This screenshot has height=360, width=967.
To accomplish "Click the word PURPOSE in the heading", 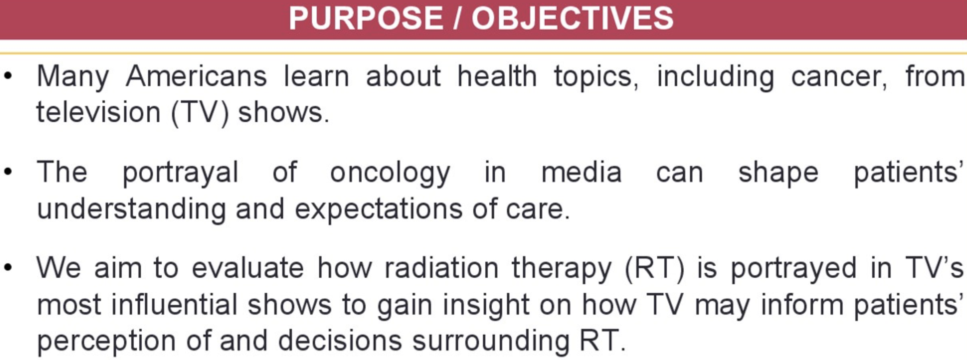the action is click(366, 18).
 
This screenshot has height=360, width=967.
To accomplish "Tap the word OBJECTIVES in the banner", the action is click(572, 18).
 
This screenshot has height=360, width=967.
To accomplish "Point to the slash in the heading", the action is click(456, 18).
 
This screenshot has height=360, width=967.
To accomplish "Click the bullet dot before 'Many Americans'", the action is click(8, 75).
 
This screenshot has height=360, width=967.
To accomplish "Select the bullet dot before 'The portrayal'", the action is click(8, 172).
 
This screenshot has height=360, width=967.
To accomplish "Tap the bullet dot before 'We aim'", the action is click(8, 267).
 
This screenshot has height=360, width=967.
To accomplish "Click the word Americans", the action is click(196, 76).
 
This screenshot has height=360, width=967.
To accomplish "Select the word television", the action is click(98, 112).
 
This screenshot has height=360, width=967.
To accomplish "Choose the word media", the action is click(581, 172).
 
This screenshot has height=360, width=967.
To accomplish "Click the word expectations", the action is click(379, 210).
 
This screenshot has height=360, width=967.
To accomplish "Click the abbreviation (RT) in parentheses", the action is click(654, 269).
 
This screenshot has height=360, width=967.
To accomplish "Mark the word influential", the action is click(174, 304).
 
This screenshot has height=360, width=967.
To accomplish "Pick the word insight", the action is click(486, 306).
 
